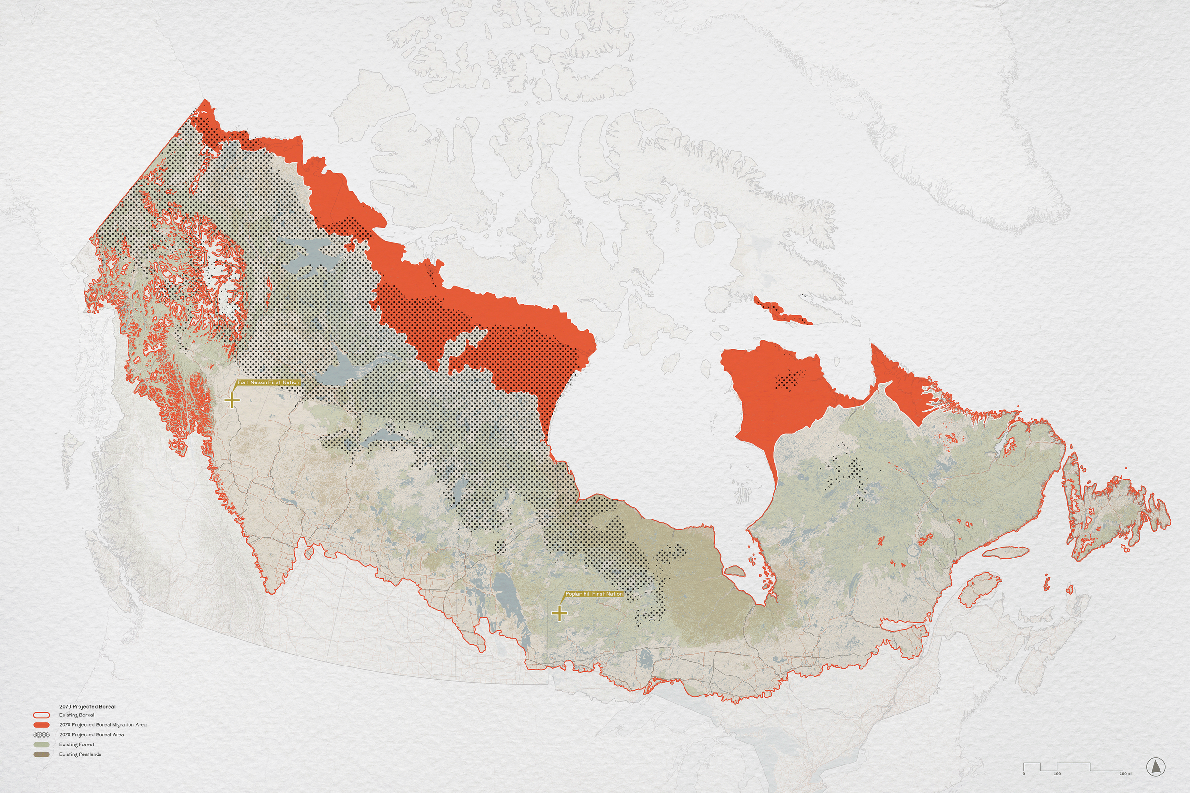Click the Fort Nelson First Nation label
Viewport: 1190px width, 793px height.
pyautogui.click(x=268, y=382)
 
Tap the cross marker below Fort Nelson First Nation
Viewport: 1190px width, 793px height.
pyautogui.click(x=232, y=401)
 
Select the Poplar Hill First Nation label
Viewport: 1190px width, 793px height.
pyautogui.click(x=594, y=594)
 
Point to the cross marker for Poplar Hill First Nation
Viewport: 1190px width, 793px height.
pyautogui.click(x=559, y=614)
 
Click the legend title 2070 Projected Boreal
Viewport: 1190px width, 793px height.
pyautogui.click(x=88, y=706)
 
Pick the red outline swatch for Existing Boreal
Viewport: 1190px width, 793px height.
pyautogui.click(x=41, y=715)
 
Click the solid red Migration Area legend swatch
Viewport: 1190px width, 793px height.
pyautogui.click(x=41, y=724)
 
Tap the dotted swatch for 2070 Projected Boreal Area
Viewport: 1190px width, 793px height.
pyautogui.click(x=41, y=735)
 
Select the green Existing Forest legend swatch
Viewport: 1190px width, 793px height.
pyautogui.click(x=41, y=744)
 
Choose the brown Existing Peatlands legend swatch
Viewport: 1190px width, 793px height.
pyautogui.click(x=41, y=754)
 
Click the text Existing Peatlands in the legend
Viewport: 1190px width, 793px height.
pyautogui.click(x=80, y=754)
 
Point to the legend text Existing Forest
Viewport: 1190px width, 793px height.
pyautogui.click(x=77, y=744)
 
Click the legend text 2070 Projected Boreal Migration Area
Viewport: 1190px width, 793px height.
pyautogui.click(x=103, y=724)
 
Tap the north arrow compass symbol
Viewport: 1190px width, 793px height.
pyautogui.click(x=1156, y=767)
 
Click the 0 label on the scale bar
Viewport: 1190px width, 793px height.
pyautogui.click(x=1023, y=774)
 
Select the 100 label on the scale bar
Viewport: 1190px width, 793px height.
pyautogui.click(x=1057, y=774)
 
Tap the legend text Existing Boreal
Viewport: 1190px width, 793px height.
pyautogui.click(x=77, y=715)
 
